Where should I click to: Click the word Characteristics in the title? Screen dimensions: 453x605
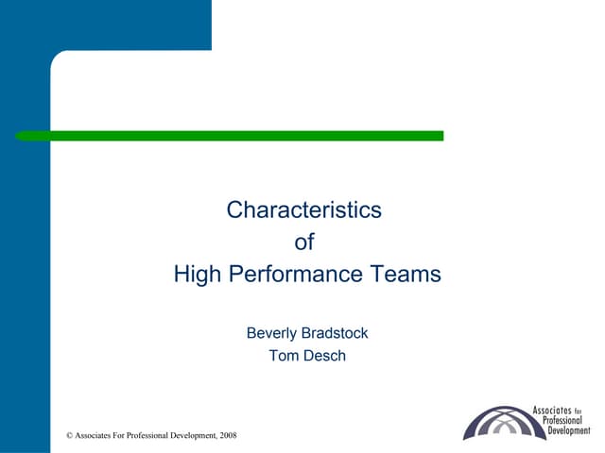303,210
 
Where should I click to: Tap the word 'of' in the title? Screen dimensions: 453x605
303,243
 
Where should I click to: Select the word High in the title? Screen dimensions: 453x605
196,275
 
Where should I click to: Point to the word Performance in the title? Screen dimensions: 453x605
304,275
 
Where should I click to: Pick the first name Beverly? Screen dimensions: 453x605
273,333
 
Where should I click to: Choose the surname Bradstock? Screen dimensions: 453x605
337,333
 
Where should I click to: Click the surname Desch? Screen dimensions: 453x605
324,356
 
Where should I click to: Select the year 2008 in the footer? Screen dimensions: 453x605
228,435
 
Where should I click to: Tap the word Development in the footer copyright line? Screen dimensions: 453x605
195,435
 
